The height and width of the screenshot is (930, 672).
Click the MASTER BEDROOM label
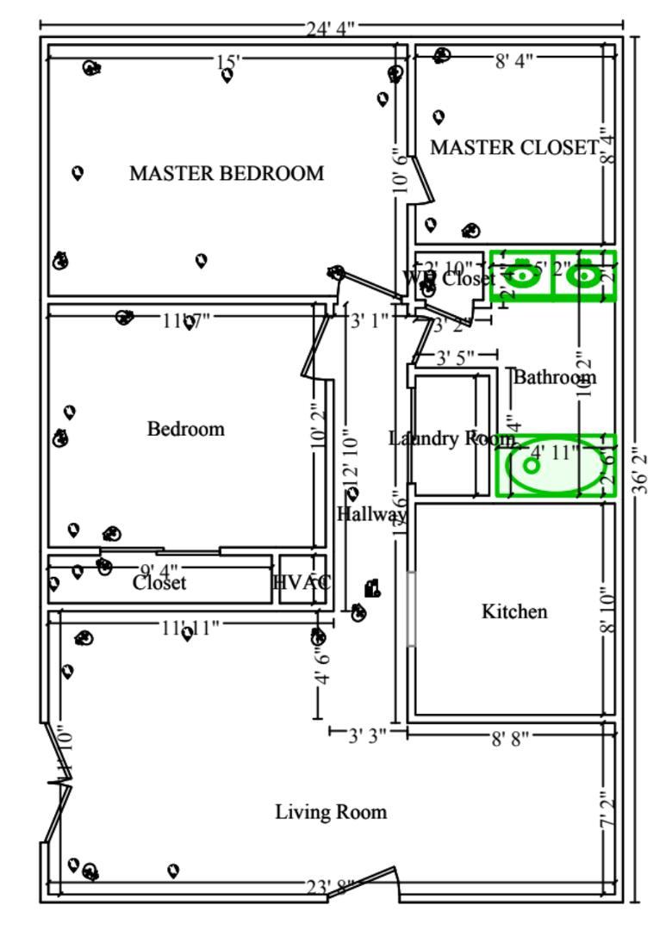tap(227, 173)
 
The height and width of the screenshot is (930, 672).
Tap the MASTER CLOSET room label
tap(513, 148)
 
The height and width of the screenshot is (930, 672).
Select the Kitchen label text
tap(513, 611)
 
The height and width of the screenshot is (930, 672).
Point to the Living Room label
tap(331, 811)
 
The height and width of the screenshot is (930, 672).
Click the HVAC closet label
tap(302, 582)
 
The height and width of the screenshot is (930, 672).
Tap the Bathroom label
tap(555, 376)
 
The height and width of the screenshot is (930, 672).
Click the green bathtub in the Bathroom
tap(556, 465)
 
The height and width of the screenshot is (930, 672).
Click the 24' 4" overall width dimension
tap(331, 28)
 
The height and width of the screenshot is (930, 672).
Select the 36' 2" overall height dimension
tap(639, 469)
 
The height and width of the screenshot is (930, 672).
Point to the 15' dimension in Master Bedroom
tap(228, 61)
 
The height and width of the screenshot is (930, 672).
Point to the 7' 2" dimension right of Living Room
tap(608, 811)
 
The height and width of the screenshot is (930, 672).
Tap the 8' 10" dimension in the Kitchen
tap(608, 611)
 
